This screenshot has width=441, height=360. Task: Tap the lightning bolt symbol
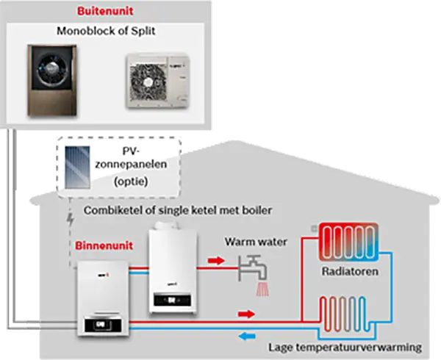70,219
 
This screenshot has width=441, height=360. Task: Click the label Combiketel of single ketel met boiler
179,211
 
